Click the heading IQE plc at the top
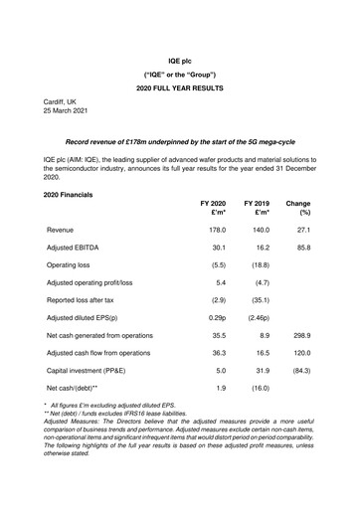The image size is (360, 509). [x=179, y=61]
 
